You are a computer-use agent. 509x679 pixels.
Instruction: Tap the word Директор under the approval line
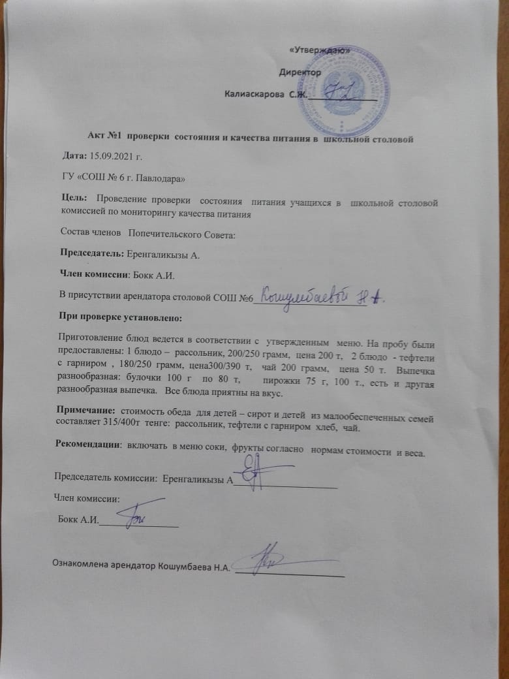300,72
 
